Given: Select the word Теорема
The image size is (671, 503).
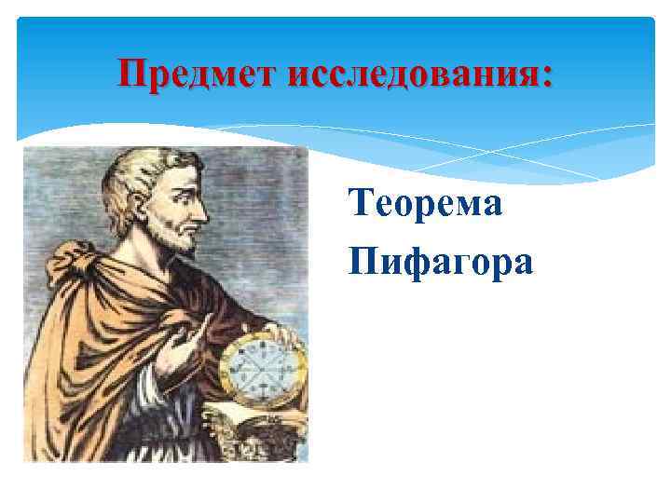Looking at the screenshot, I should [425, 202].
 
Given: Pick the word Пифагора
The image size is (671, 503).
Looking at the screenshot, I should [440, 262].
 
